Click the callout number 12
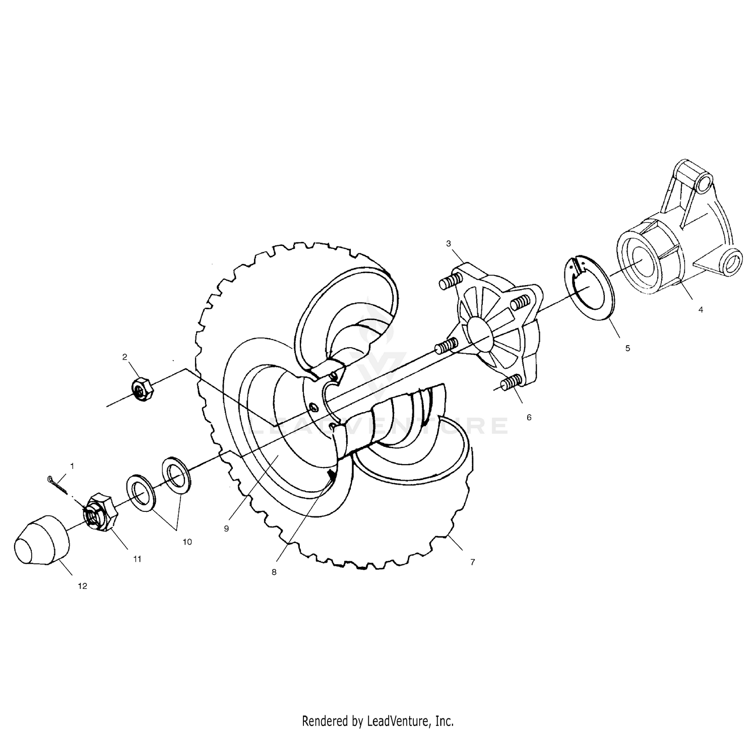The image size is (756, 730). (x=83, y=586)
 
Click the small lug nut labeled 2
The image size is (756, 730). (x=143, y=389)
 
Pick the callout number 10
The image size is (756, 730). (x=187, y=542)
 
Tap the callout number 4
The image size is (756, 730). (x=701, y=309)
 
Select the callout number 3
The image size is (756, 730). (x=449, y=244)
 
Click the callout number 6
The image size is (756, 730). (x=529, y=417)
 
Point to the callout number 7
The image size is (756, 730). (x=472, y=562)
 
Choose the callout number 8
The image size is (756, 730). (x=274, y=572)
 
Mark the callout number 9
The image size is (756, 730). (x=226, y=528)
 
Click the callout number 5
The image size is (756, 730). (x=627, y=348)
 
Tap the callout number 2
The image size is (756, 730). (x=124, y=357)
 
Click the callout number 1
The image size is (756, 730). (x=72, y=467)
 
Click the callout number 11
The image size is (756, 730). (x=137, y=559)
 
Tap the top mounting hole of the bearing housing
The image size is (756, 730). (x=704, y=182)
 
